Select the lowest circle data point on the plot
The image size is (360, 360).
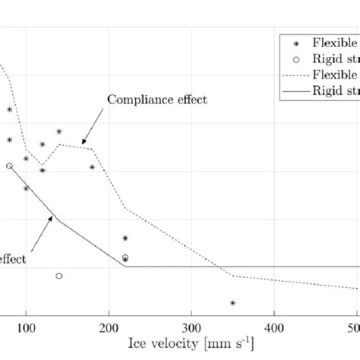tap(59, 276)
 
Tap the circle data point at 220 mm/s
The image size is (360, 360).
tap(125, 258)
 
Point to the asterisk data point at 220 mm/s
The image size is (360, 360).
tap(125, 238)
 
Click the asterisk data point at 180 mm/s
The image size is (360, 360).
tap(93, 167)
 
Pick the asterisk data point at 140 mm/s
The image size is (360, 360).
tap(59, 131)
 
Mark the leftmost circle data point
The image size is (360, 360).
tap(10, 166)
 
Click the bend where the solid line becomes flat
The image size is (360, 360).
tap(125, 267)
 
